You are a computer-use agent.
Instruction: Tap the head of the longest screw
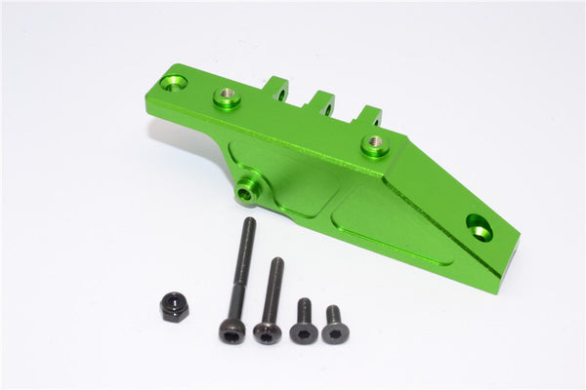pos(230,332)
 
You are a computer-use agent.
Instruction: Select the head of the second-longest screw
pos(267,331)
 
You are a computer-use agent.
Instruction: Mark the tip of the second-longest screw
pos(278,262)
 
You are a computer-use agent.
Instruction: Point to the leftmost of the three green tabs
pos(277,89)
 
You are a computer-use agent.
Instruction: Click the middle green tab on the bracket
pos(322,101)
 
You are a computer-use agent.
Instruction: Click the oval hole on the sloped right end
pos(480,226)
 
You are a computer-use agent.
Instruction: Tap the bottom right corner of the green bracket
pos(500,289)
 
